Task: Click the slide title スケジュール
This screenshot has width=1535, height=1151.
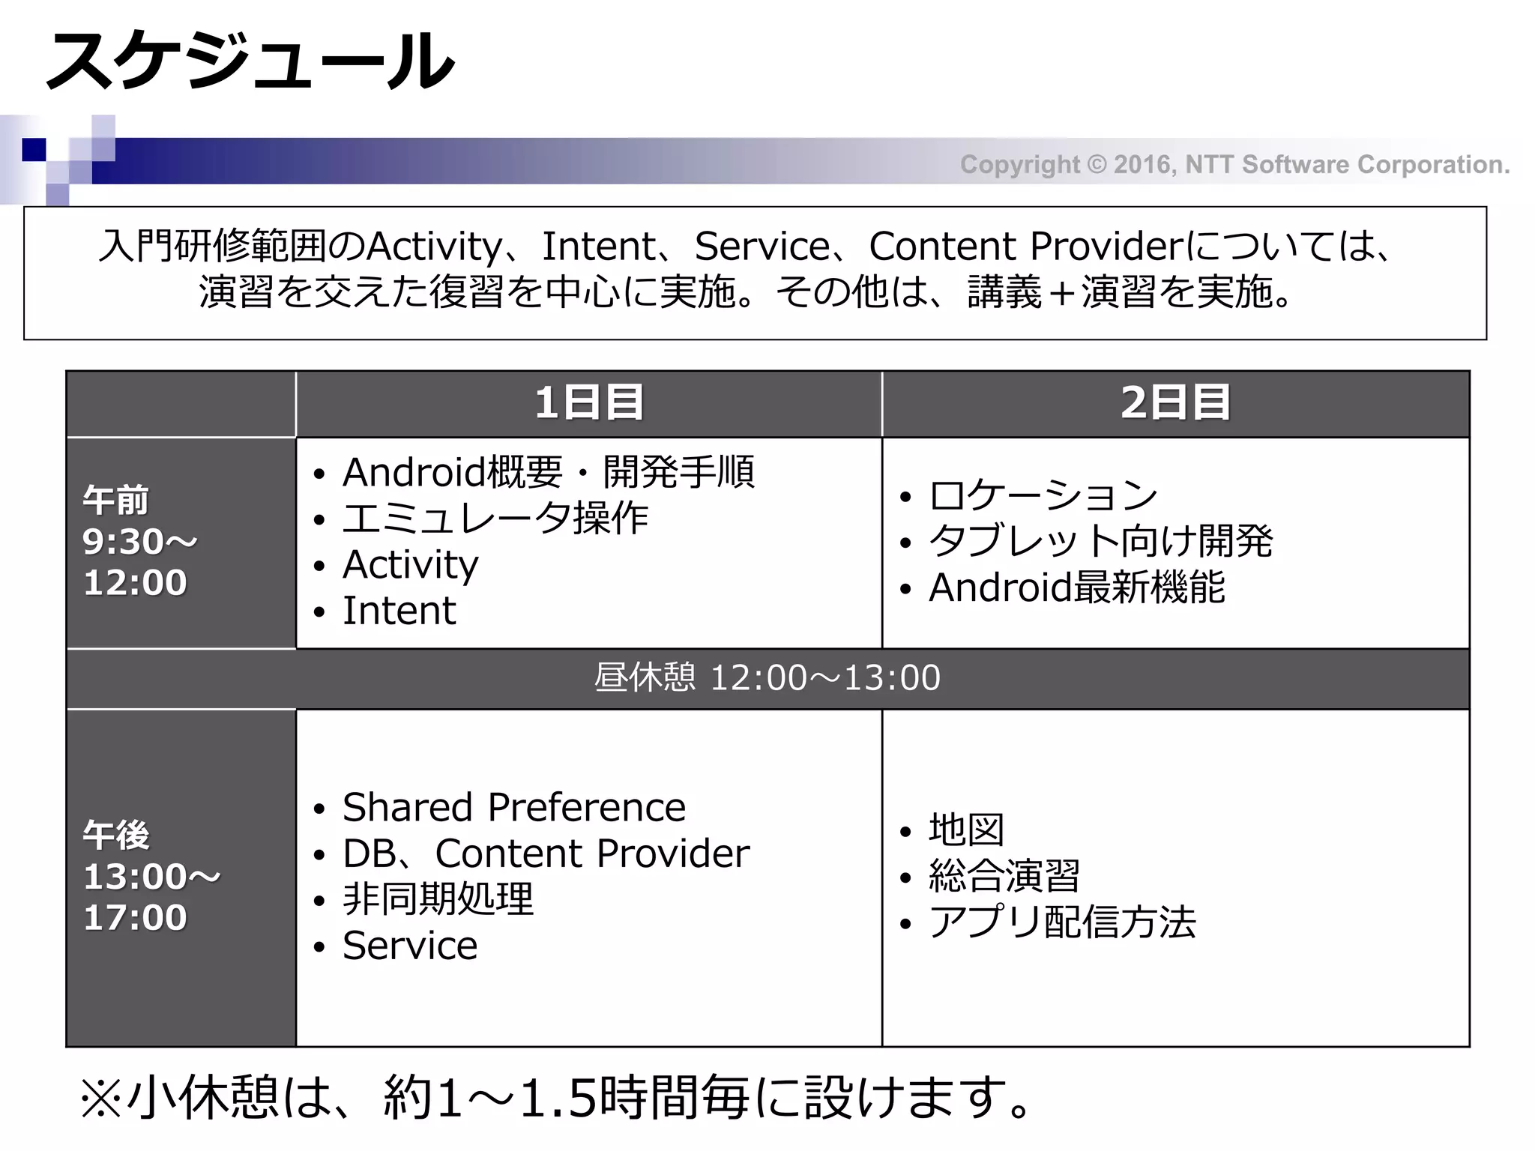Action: (251, 61)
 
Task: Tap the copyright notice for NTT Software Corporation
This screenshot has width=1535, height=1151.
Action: (1234, 164)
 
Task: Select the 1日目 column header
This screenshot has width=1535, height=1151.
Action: (589, 402)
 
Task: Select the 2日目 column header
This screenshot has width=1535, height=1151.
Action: (1175, 402)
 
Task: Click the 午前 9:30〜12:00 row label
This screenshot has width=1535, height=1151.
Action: (139, 542)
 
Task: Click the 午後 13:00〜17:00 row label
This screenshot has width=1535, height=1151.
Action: (150, 876)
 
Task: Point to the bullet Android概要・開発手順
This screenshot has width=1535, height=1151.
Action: (548, 472)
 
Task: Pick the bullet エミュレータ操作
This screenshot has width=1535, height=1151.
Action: (495, 519)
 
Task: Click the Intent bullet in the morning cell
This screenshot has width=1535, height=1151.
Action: (399, 611)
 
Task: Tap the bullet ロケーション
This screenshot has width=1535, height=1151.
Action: (1043, 495)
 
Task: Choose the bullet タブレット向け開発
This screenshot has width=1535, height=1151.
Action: (1100, 541)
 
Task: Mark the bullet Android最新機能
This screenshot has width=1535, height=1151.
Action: (1076, 587)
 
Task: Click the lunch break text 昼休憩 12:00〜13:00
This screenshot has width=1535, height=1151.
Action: (767, 678)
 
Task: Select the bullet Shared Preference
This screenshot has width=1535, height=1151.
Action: (513, 807)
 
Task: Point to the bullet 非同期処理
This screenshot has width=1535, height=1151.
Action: (438, 899)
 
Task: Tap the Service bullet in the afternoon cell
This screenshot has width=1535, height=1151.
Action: (410, 946)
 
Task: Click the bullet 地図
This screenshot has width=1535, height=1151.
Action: (966, 830)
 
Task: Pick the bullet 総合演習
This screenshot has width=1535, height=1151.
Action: (1004, 876)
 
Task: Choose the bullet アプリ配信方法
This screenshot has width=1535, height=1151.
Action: (1061, 922)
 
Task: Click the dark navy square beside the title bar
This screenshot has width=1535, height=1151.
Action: (34, 150)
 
